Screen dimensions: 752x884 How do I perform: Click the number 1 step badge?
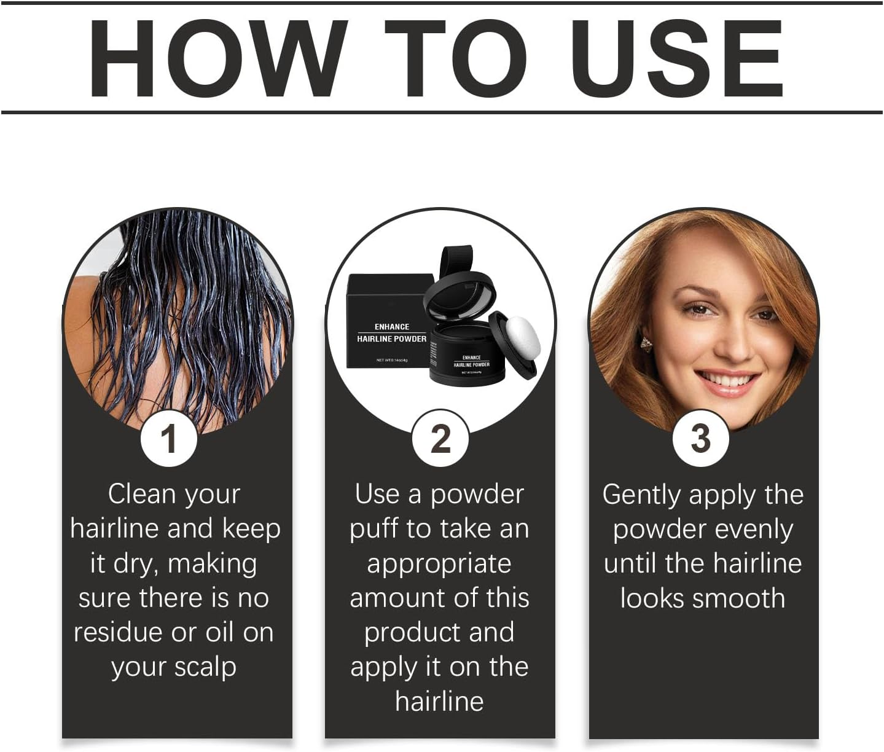tap(169, 439)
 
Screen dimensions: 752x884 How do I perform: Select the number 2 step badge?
tap(440, 439)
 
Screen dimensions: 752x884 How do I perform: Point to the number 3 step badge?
tap(701, 439)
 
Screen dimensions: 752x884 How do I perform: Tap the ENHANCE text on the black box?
tap(391, 327)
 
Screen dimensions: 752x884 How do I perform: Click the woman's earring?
tap(646, 341)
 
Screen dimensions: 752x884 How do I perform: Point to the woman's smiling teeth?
tap(728, 381)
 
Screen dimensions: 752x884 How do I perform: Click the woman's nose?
tap(736, 347)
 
